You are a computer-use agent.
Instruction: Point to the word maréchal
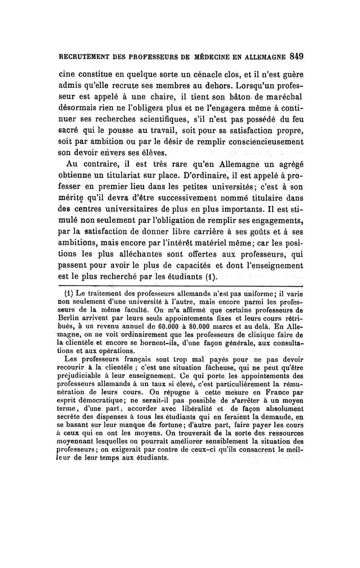tap(284, 98)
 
